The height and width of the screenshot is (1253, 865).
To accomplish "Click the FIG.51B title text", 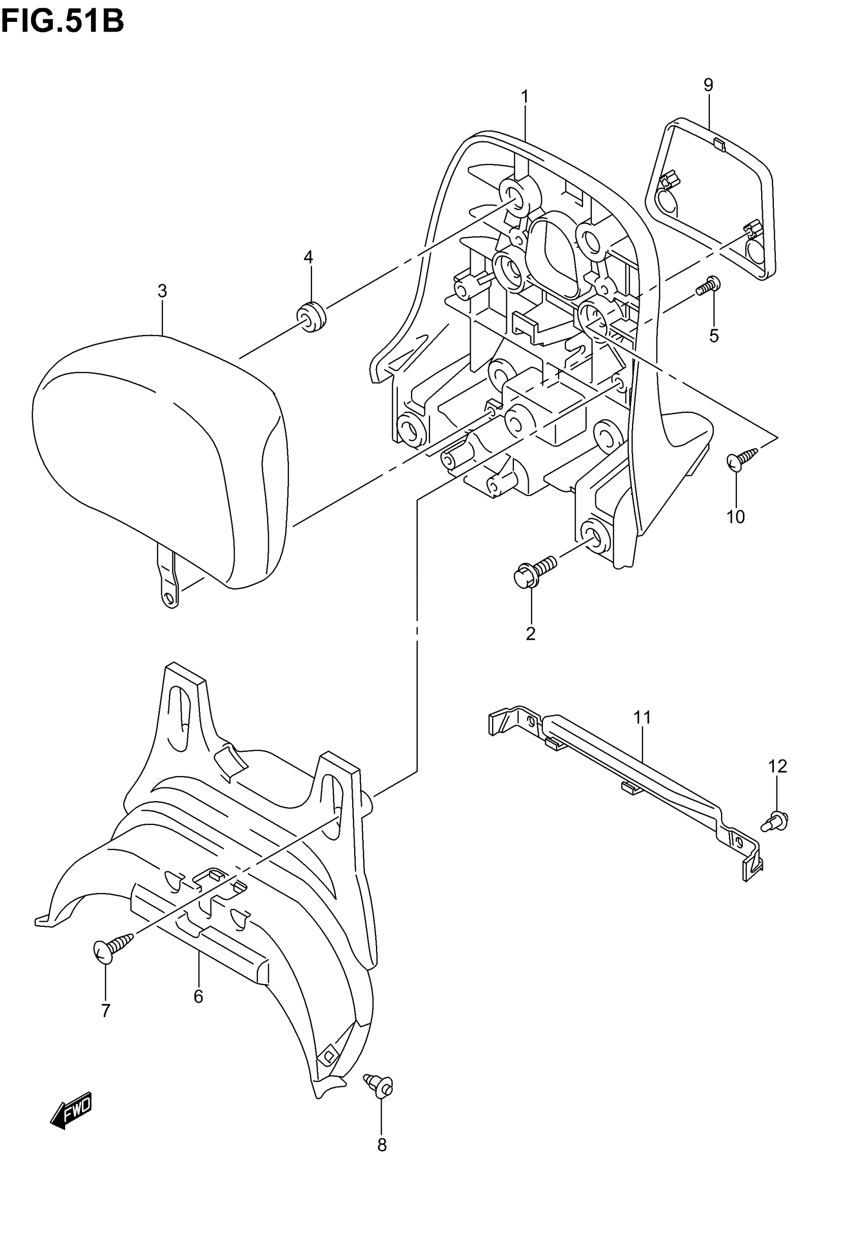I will point(62,22).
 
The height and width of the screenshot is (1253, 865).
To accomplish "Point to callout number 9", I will point(708,85).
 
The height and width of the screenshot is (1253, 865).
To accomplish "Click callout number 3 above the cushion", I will point(162,291).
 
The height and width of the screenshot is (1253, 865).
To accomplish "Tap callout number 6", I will point(198,996).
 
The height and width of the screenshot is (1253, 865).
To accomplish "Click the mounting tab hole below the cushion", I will point(169,599).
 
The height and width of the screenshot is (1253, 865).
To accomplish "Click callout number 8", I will point(382,1145).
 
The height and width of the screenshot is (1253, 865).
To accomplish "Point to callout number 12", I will point(777,766).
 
